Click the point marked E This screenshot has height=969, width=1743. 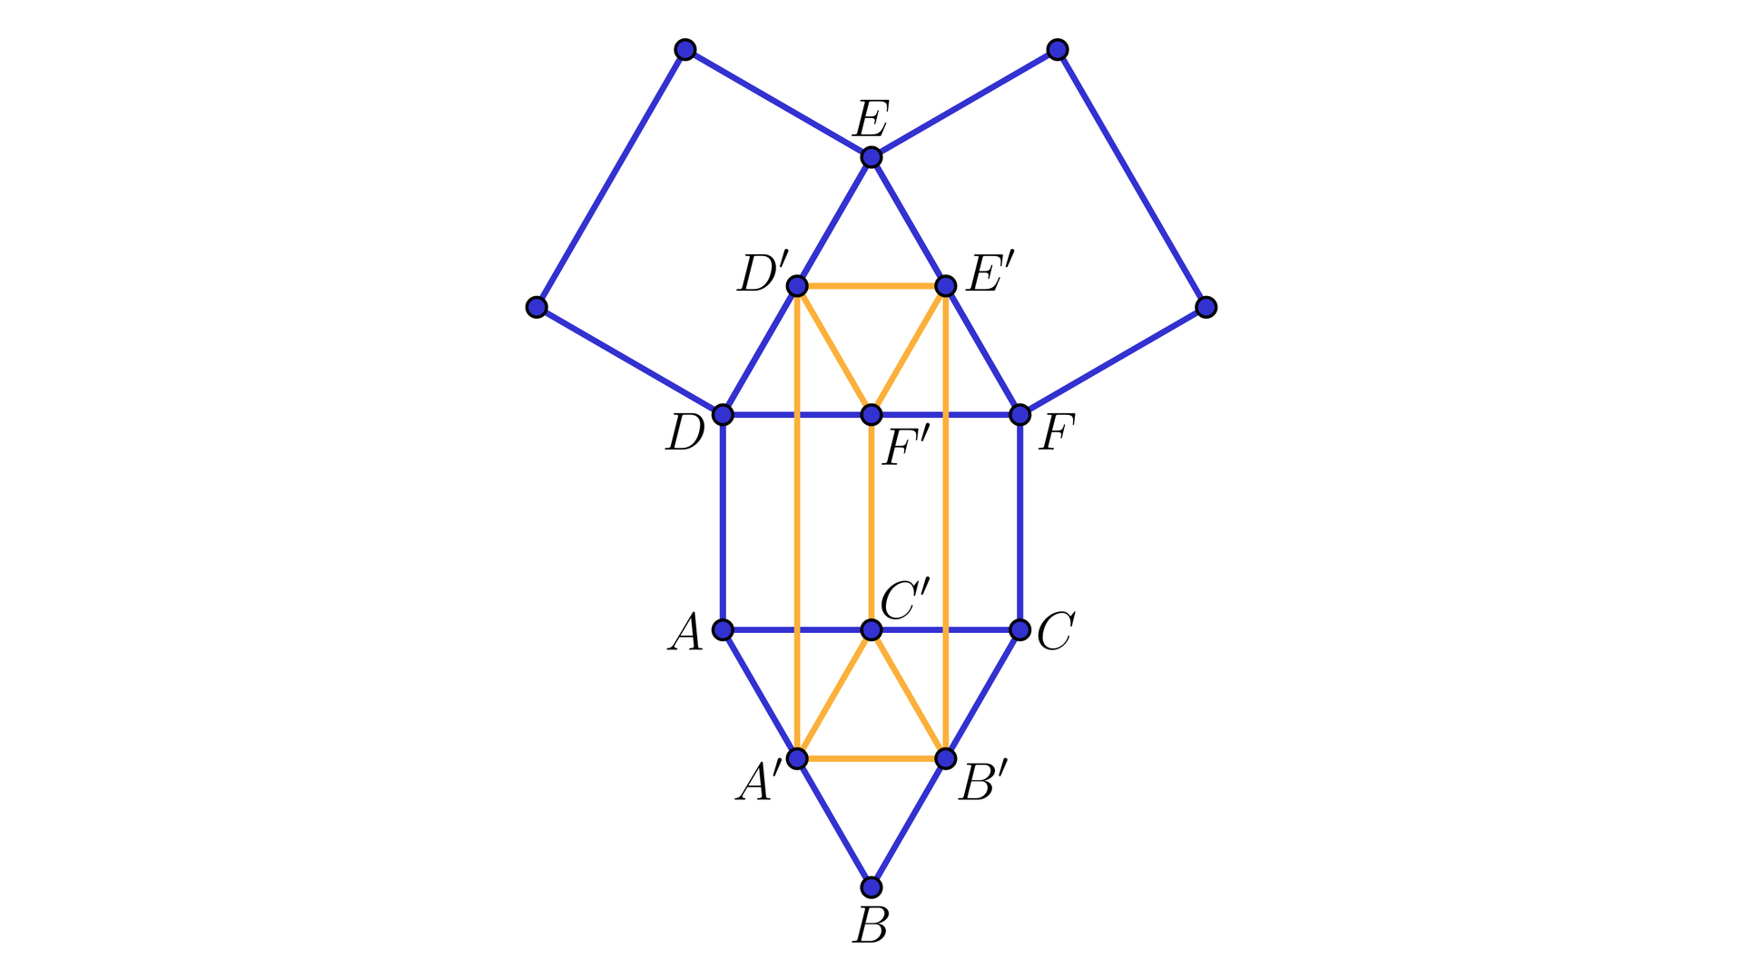[x=871, y=157]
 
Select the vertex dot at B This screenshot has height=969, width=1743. [x=871, y=886]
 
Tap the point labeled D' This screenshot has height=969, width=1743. [x=796, y=286]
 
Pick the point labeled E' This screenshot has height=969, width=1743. [x=945, y=286]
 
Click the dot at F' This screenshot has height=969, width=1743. [x=871, y=415]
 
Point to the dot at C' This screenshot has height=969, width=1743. [x=871, y=629]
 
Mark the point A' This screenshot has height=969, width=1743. [x=796, y=758]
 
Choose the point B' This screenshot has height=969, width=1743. [x=945, y=758]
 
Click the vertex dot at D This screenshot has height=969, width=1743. [x=723, y=415]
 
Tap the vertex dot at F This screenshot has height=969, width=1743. [x=1019, y=415]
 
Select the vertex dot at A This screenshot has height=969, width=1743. [x=723, y=629]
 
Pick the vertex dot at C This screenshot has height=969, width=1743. [x=1019, y=629]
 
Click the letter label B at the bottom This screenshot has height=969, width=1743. [x=871, y=925]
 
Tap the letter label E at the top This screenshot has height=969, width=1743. [x=871, y=118]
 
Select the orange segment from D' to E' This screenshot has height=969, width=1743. [x=871, y=286]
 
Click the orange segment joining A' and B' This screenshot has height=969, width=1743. [x=871, y=758]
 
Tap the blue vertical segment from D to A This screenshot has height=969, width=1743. [x=723, y=522]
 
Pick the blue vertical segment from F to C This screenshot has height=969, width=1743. [x=1019, y=522]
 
